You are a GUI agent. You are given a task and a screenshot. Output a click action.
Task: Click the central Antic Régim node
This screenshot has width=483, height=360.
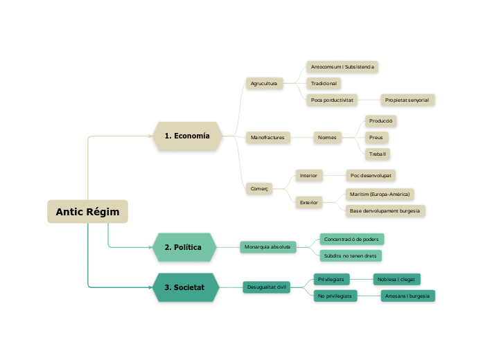87,212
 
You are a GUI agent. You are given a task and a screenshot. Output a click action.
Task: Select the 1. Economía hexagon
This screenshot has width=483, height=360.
187,136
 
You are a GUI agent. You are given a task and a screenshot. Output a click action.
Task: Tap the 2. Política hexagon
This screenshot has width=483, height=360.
184,247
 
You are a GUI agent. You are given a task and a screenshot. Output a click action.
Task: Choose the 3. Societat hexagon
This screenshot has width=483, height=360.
185,287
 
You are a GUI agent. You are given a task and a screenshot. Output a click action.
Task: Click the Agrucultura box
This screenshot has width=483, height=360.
263,83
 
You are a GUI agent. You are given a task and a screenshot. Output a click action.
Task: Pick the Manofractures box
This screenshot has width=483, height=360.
268,137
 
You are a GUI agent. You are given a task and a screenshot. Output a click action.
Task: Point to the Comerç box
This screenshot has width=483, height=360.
259,188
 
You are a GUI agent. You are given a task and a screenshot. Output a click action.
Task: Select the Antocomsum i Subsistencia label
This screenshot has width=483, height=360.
342,67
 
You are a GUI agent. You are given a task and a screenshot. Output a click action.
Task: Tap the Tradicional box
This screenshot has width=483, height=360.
324,83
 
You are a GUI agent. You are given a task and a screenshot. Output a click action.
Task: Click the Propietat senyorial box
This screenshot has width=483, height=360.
407,100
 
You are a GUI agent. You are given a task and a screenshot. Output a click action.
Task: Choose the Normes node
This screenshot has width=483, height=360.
327,137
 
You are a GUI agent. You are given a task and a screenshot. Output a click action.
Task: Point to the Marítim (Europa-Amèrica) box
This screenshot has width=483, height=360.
380,194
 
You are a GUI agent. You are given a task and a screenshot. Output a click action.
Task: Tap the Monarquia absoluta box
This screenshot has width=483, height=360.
267,246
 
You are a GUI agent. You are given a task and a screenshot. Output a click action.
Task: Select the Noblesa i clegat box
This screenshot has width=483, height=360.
396,279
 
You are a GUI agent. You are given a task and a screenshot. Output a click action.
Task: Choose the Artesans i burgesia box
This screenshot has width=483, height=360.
407,296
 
